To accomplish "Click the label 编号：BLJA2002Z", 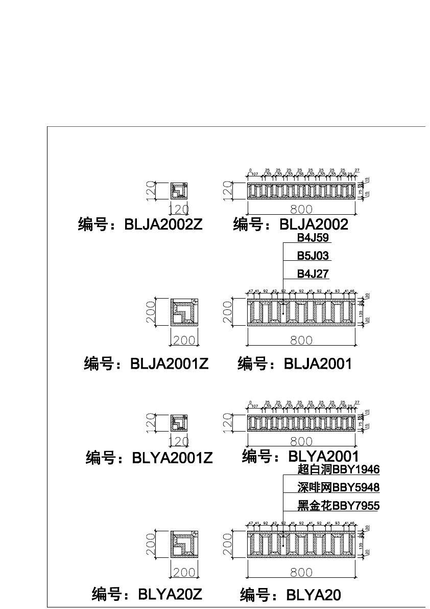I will click(140, 225).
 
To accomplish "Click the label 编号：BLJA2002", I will click(291, 224).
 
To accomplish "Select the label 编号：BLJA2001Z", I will click(146, 364).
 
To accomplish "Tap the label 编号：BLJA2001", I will click(295, 364).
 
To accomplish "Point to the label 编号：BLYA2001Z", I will click(149, 458).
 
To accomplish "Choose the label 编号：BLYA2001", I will click(300, 456).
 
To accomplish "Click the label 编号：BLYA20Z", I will click(147, 594).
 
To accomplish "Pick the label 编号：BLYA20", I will click(290, 595).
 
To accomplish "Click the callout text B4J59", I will click(314, 238).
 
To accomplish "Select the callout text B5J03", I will click(313, 256).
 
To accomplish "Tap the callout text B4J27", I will click(313, 274).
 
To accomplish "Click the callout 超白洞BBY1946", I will click(338, 469).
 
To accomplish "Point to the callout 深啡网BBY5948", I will click(338, 488).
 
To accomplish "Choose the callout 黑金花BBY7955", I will click(338, 506).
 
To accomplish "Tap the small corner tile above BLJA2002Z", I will click(179, 191).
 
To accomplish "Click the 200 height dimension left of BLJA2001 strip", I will click(228, 312).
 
